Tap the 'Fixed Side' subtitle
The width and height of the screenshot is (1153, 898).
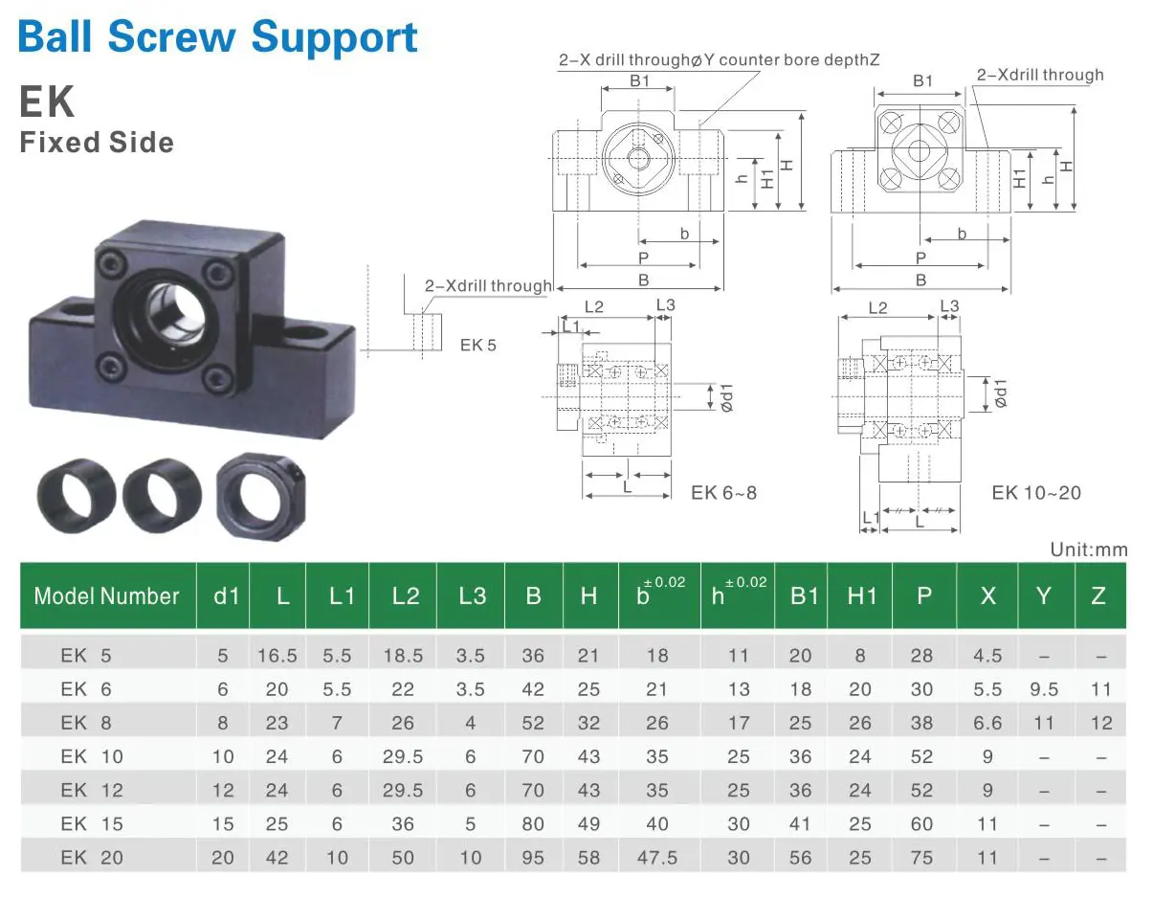97,143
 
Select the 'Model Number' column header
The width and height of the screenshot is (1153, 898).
106,596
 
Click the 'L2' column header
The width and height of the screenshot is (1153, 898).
405,596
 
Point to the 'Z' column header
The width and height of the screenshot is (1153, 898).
1098,596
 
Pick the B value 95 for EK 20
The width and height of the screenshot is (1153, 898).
533,857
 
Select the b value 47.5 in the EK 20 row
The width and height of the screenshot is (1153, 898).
657,857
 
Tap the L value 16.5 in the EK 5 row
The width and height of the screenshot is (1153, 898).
277,656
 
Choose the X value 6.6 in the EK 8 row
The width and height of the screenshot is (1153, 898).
987,723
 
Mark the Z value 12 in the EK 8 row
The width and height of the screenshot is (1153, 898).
1101,723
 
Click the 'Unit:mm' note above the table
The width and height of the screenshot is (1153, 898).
1089,550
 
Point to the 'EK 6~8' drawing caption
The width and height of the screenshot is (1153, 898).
723,493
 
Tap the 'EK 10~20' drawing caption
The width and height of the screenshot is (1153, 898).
1036,493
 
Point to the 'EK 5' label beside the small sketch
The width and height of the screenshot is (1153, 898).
477,345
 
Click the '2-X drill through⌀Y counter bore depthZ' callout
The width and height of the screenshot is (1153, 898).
719,59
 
